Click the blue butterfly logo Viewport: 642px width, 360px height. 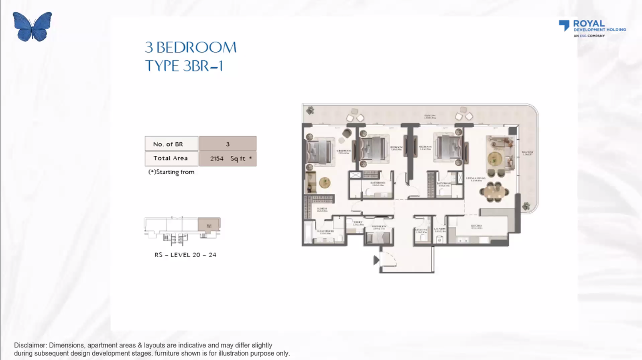32,26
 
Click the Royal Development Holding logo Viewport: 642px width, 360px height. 592,28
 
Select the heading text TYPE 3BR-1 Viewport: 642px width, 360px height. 184,66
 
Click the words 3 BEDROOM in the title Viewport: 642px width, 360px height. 191,47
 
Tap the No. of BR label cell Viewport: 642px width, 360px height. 171,144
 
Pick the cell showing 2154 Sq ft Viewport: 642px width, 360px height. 228,159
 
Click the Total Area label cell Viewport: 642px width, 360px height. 171,159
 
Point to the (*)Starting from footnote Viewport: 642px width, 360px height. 171,172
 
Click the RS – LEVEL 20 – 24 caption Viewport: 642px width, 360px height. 185,255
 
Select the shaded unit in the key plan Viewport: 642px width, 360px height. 209,225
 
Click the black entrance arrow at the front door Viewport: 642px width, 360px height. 376,260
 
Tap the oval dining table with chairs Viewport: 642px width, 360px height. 494,192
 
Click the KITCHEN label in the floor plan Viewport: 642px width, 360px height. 477,226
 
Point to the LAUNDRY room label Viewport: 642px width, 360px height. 440,230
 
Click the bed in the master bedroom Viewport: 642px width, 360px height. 320,152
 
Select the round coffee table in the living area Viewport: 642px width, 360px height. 495,159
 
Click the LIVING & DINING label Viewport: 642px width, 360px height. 476,179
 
